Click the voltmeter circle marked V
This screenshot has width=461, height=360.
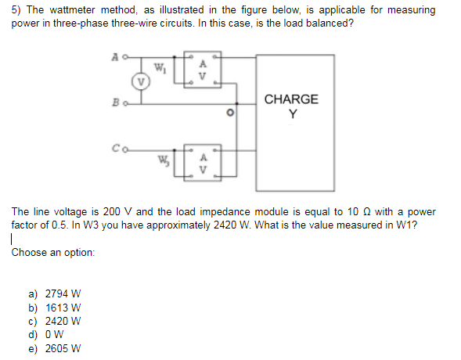pyautogui.click(x=140, y=81)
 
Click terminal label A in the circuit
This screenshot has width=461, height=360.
pyautogui.click(x=115, y=56)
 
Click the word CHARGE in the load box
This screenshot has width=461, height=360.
pyautogui.click(x=291, y=99)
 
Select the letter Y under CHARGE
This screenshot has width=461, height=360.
pyautogui.click(x=292, y=113)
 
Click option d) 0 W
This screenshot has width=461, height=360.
pyautogui.click(x=47, y=334)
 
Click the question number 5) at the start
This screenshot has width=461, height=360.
pyautogui.click(x=16, y=11)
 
